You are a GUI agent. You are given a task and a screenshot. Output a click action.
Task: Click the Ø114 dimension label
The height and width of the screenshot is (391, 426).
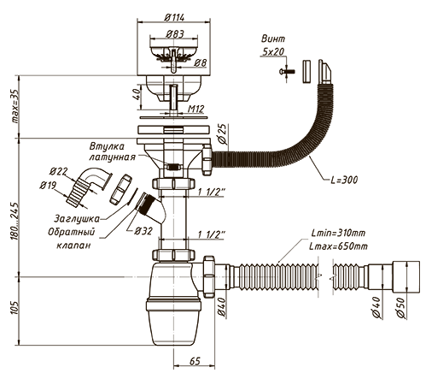point(174,18)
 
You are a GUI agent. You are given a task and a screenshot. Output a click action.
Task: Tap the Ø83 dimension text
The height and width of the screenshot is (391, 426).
point(175,34)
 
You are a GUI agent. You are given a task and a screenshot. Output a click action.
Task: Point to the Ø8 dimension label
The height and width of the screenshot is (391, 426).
point(201,62)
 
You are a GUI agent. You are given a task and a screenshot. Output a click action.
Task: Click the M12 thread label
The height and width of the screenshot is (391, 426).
point(196,109)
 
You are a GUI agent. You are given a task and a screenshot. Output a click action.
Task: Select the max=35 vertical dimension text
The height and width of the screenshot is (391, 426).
point(15,106)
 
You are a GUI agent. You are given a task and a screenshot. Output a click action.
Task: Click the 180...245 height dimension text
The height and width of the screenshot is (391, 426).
point(15,221)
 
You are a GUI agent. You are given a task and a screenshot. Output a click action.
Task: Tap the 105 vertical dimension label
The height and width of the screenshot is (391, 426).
point(15,307)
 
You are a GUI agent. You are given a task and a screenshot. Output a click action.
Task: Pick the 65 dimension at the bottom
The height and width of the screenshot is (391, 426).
point(195,361)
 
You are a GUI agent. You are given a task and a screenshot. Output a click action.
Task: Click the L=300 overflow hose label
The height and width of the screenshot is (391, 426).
point(344,180)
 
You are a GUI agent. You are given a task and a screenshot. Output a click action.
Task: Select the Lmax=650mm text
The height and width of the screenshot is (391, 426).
point(338,246)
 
